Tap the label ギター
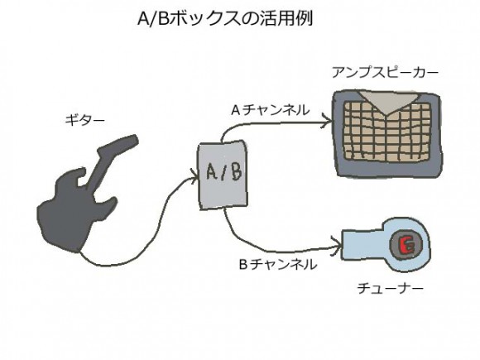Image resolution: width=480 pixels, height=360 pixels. coord(85,120)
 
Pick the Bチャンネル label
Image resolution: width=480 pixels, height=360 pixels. coord(276,265)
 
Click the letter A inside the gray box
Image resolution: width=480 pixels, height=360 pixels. coord(211,173)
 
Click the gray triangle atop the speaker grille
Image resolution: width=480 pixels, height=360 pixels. coord(382,103)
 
